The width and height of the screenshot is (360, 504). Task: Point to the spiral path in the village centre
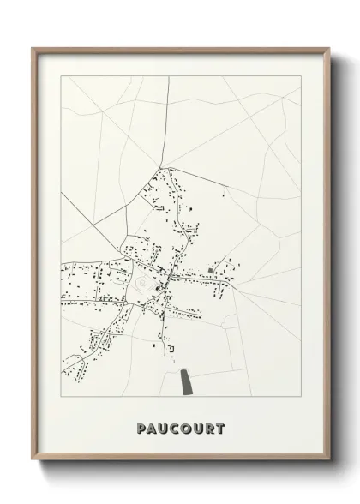pyautogui.click(x=141, y=280)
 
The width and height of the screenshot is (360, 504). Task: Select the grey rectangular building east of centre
pyautogui.click(x=211, y=271)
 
